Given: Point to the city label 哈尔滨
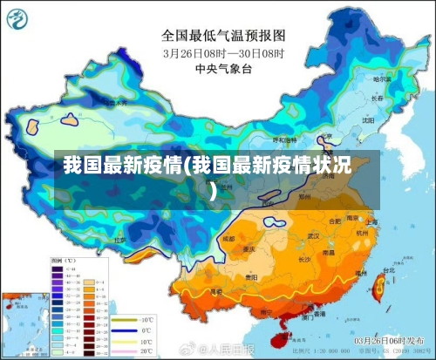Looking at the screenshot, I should point(381,78).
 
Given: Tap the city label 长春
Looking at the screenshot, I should point(377,98).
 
